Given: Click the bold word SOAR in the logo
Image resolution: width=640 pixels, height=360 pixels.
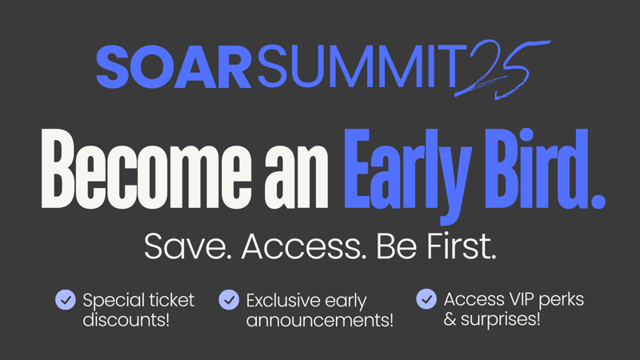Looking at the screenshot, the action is click(x=174, y=67).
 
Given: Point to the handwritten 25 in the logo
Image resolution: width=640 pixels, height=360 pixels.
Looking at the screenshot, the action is click(x=503, y=70).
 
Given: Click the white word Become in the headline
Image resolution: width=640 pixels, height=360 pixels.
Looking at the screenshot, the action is click(x=146, y=169).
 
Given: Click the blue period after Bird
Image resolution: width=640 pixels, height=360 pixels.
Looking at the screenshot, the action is click(x=598, y=202).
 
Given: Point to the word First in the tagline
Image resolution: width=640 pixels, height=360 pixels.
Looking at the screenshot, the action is click(x=462, y=246).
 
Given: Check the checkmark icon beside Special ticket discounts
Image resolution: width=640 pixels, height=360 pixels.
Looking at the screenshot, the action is click(x=66, y=299).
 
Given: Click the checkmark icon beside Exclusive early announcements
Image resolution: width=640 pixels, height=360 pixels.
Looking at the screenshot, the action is click(x=229, y=299).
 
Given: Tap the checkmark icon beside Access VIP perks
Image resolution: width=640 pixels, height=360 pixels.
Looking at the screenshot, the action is click(x=426, y=298).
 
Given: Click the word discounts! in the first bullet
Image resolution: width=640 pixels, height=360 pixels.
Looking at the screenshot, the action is click(x=126, y=319).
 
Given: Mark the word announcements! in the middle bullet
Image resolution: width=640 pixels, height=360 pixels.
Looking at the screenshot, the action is click(x=319, y=320).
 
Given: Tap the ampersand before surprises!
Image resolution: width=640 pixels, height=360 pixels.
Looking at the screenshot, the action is click(x=450, y=318).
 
